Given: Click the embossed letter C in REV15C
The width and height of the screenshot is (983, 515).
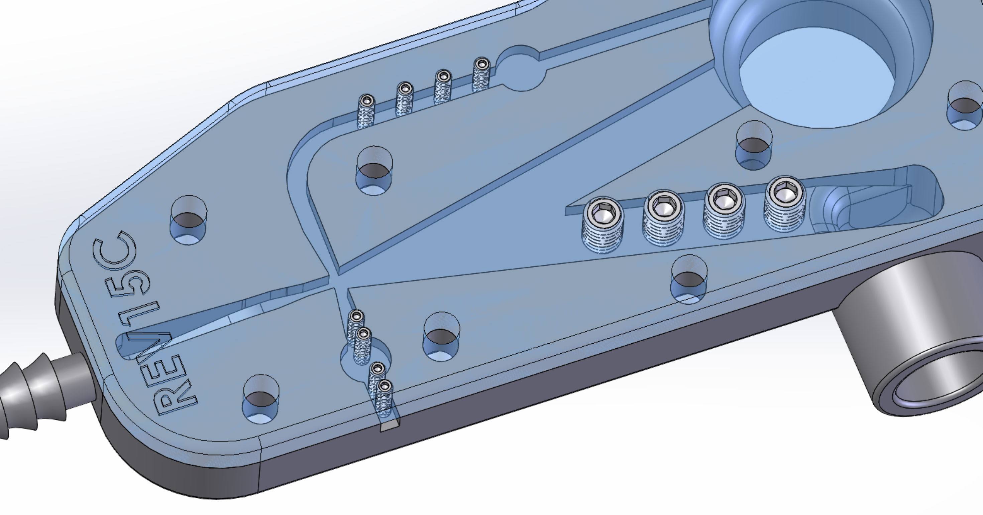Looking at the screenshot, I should click(x=114, y=250).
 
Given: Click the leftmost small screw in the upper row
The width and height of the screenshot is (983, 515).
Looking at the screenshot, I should click(x=367, y=111).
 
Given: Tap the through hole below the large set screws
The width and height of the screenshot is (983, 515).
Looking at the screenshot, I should click(x=689, y=280).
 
